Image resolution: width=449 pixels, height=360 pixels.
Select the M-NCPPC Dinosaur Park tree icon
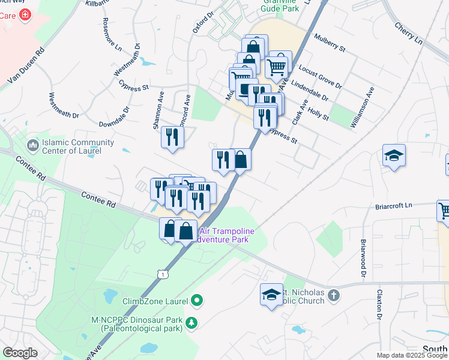pos(191,323)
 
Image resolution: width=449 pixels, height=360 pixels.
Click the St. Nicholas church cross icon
pos(334,296)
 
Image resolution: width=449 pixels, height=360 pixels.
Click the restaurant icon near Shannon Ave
pos(172,137)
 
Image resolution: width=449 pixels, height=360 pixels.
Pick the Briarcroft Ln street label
pos(394,205)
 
